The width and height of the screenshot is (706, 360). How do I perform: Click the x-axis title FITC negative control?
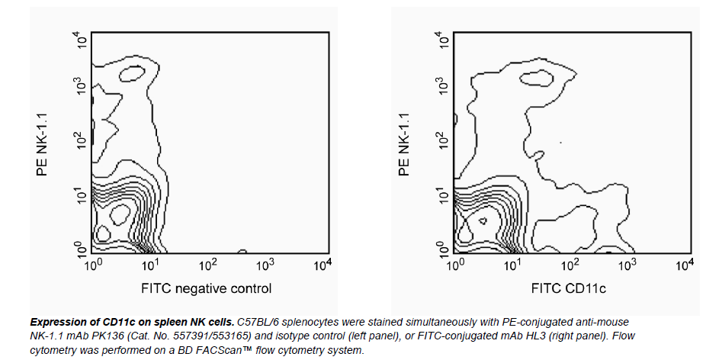[206, 288]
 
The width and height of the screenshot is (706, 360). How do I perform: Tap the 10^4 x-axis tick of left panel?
[323, 265]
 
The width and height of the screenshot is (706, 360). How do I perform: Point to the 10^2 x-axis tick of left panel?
[207, 265]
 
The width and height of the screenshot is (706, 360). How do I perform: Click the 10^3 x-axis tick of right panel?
[627, 265]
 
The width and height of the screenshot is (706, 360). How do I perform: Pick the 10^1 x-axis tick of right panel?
[513, 265]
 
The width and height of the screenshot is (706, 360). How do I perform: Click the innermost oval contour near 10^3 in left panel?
[133, 72]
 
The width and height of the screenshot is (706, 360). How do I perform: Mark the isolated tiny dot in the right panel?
[561, 143]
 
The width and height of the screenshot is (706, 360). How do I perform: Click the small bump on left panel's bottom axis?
[242, 251]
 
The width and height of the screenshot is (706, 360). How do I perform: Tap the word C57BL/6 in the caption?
[262, 324]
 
